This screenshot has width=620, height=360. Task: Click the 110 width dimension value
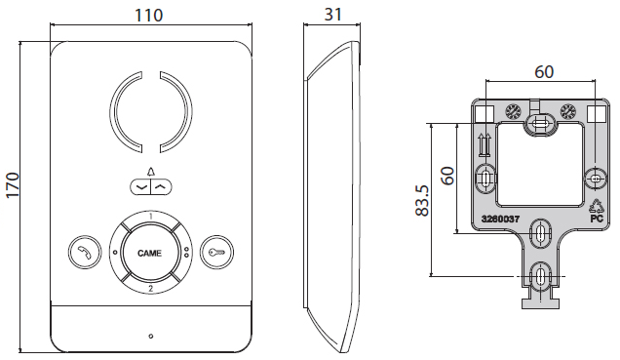(149, 15)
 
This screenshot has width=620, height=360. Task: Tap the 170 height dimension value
(13, 185)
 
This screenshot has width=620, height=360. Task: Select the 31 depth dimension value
(333, 15)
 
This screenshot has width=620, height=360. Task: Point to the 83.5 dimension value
(422, 200)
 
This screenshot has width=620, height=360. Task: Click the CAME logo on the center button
(149, 253)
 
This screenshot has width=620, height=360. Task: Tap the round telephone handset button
(85, 253)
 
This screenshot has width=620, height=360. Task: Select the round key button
(216, 253)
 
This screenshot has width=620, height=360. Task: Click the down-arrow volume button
(140, 186)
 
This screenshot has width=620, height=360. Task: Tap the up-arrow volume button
(161, 186)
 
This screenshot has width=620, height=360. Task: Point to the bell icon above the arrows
(151, 172)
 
